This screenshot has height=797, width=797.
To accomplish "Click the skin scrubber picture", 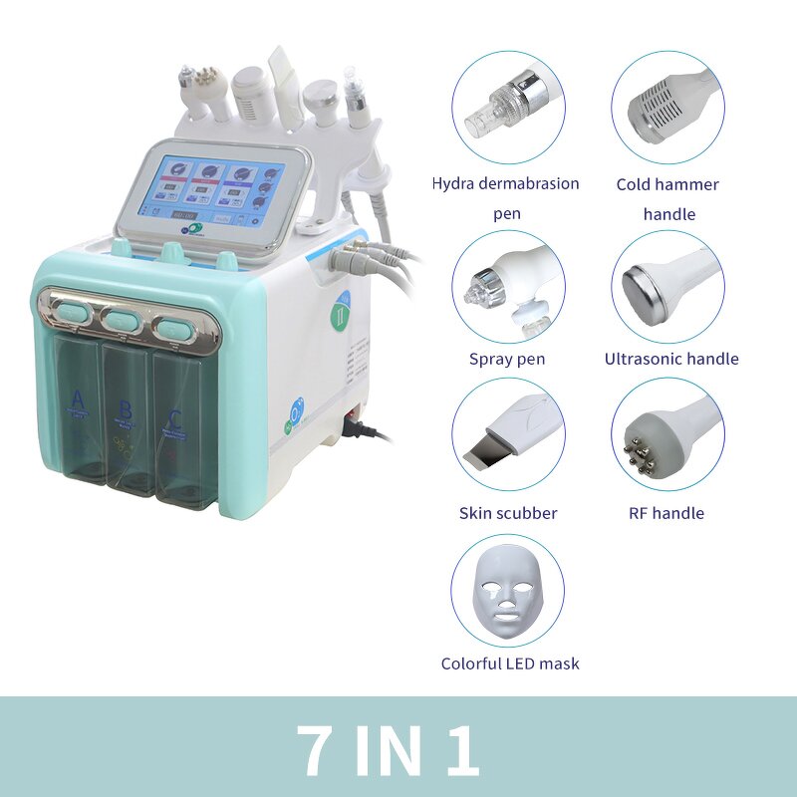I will tap(507, 434).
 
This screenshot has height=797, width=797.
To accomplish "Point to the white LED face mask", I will tap(507, 592).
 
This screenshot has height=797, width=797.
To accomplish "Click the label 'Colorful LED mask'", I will tap(510, 664).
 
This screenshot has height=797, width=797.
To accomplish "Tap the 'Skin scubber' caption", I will tap(508, 513).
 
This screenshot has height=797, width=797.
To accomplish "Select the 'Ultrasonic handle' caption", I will tap(671, 359).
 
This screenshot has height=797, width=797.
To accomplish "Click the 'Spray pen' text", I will tap(507, 359).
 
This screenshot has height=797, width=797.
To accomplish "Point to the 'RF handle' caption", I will tap(667, 513).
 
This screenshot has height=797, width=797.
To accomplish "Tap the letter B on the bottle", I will tap(126, 408).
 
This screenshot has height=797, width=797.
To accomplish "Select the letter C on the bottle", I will tap(176, 417).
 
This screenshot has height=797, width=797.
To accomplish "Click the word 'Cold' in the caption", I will tap(635, 184).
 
